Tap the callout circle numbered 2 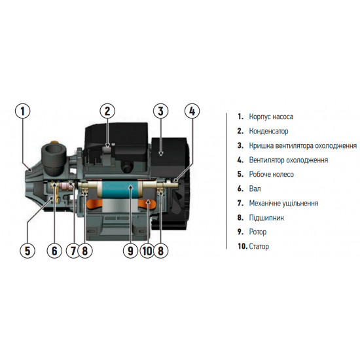click(109, 111)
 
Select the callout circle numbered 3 click(161, 111)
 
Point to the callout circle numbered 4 click(190, 111)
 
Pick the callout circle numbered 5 click(27, 249)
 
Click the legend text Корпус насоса click(271, 117)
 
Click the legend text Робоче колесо click(271, 174)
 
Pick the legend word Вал click(254, 189)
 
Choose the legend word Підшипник click(266, 217)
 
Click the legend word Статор click(259, 247)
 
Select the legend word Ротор click(257, 232)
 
